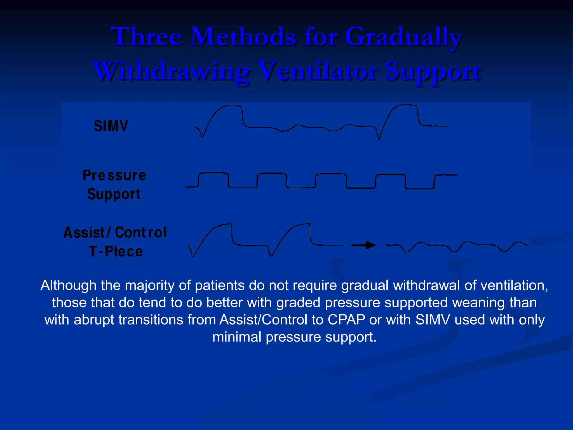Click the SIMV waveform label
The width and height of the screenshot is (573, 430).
[x=111, y=126]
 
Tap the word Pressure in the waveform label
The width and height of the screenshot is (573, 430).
[x=114, y=176]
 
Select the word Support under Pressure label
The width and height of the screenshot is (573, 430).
[x=114, y=194]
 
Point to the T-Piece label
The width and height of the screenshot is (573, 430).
[x=116, y=251]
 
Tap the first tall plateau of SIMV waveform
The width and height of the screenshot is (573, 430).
[x=231, y=106]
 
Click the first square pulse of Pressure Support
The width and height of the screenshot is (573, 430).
[x=213, y=174]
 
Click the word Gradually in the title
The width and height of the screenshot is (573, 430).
[x=403, y=37]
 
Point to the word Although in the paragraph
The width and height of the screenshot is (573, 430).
[x=69, y=286]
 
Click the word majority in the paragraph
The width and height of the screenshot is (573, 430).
[x=150, y=286]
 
